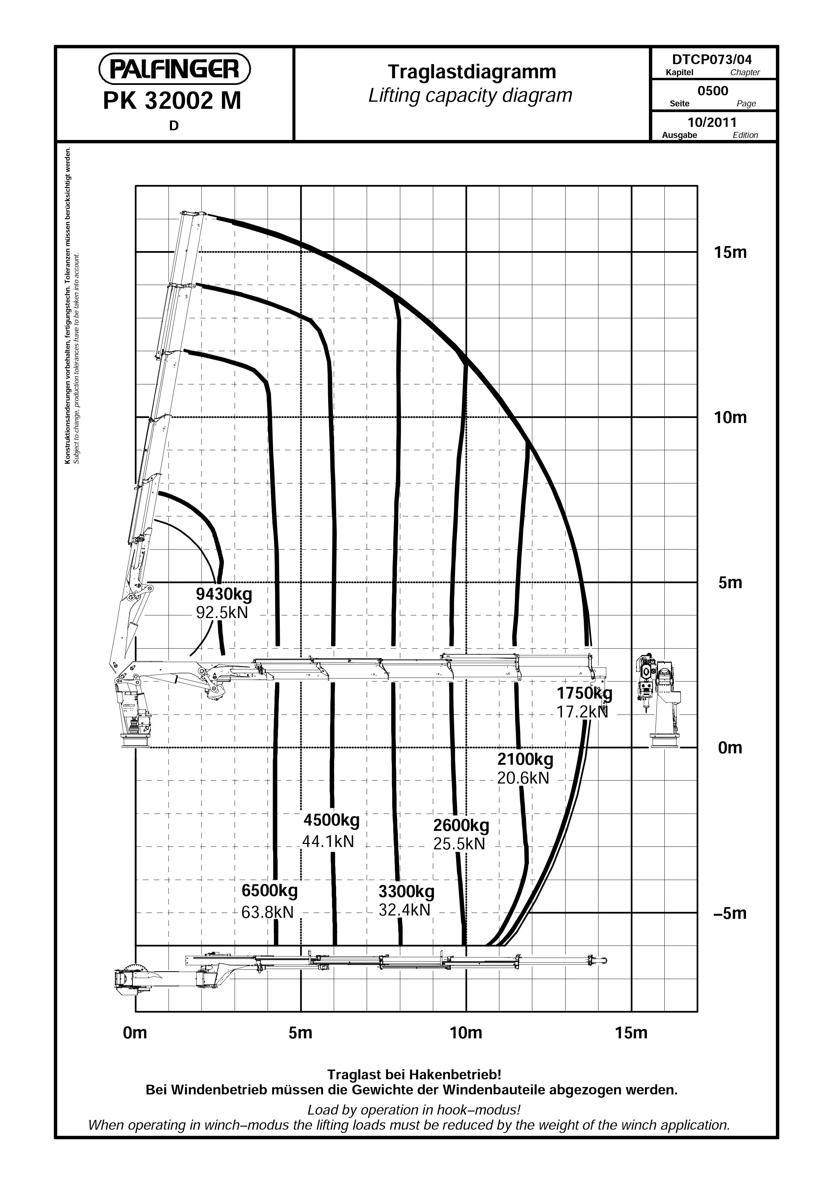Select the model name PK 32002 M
point(172,101)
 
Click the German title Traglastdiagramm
point(472,72)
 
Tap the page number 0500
point(713,91)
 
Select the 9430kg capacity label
point(224,594)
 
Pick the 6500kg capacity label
point(269,890)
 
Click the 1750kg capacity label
point(584,693)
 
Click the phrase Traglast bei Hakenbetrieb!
point(414,1074)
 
